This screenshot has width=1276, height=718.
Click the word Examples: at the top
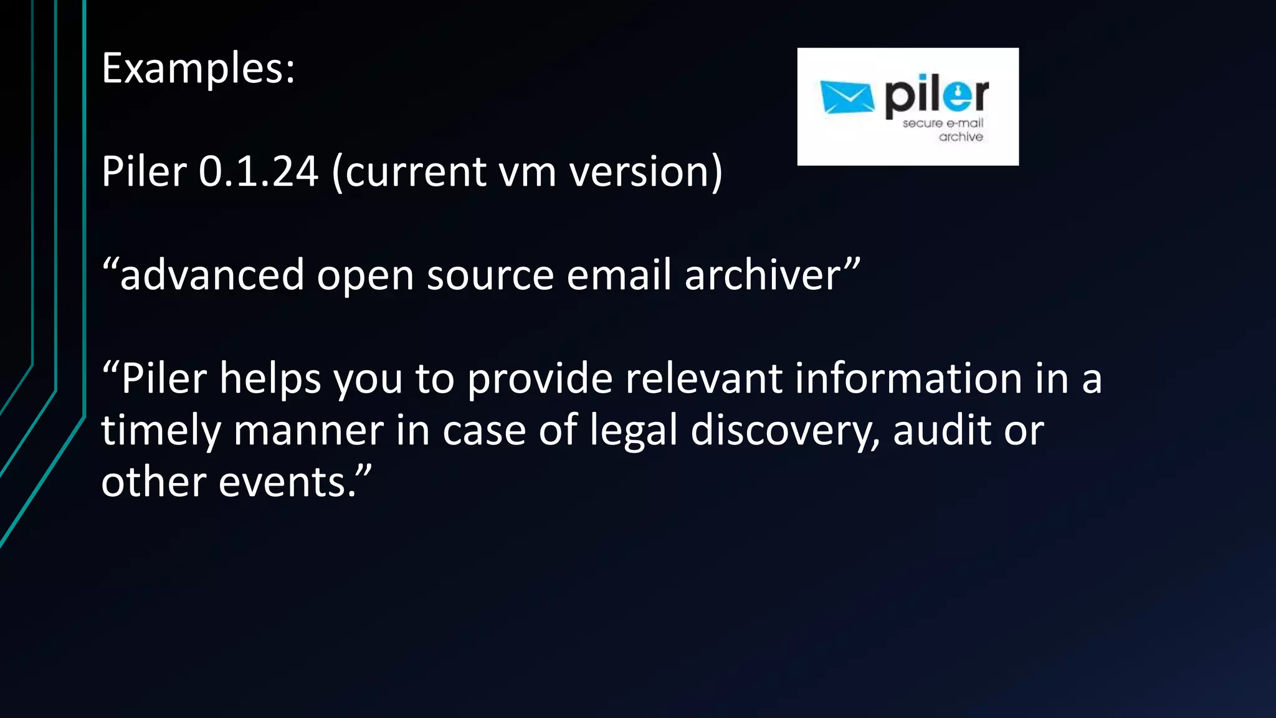point(198,69)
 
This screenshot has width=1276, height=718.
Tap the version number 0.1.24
point(259,172)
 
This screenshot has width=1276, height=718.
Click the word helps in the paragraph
point(270,379)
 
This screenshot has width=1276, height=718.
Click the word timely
point(161,431)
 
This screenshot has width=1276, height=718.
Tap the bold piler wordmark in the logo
point(936,96)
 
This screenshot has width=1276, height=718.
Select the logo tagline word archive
point(961,137)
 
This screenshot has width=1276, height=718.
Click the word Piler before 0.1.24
point(144,172)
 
